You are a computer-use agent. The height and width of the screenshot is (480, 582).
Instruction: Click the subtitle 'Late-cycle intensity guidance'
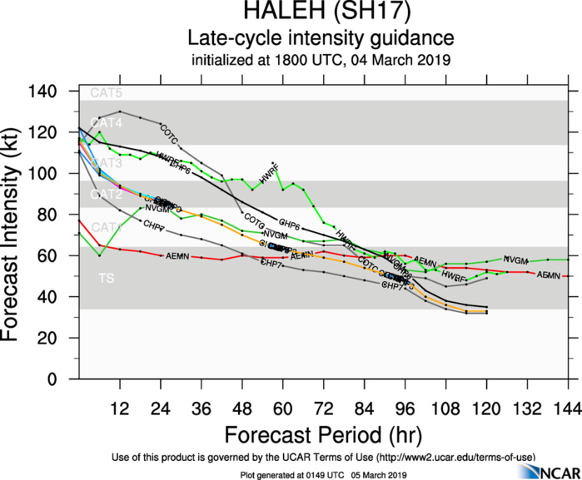tap(321, 38)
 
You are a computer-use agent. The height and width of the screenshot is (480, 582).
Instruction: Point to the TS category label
tap(107, 278)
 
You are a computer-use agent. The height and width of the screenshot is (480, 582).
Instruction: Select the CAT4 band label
tap(106, 122)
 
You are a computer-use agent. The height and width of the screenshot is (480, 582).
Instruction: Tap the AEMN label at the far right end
tap(549, 275)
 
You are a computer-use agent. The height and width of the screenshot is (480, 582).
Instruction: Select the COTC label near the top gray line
tap(169, 131)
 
